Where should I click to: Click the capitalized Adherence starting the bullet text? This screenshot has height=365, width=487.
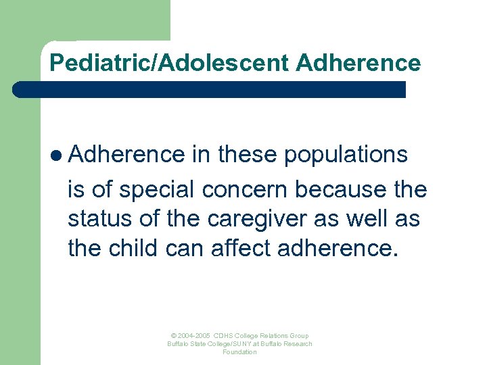click(x=126, y=155)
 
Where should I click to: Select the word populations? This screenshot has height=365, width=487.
click(x=346, y=155)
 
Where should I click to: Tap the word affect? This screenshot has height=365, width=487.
click(x=241, y=249)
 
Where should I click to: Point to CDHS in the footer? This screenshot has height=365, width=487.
click(x=224, y=336)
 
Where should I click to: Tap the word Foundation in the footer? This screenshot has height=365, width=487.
click(x=239, y=352)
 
